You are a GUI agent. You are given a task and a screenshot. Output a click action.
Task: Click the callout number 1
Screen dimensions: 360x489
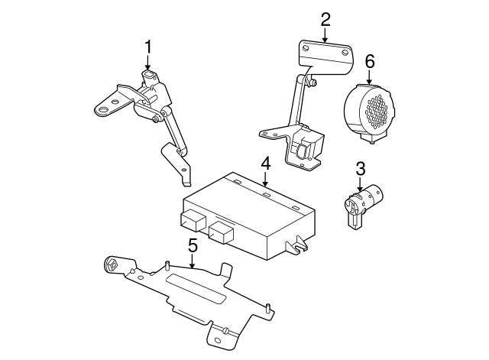tap(148, 48)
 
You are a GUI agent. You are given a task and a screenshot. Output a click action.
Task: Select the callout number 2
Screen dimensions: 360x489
tap(325, 18)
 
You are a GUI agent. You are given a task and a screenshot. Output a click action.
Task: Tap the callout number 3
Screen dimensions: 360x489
tap(360, 170)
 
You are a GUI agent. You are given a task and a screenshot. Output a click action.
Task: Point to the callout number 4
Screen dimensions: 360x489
tap(265, 163)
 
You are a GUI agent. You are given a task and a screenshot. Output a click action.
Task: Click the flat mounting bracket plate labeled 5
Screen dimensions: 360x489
tap(191, 294)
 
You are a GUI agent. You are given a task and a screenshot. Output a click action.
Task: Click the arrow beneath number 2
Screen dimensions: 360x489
tap(325, 35)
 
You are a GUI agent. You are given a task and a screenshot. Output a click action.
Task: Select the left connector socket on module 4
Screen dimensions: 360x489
tap(192, 221)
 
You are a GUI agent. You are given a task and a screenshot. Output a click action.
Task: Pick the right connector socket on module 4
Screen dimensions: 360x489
tap(221, 231)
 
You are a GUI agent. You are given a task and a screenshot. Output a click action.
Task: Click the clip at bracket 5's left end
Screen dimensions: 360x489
tap(111, 267)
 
